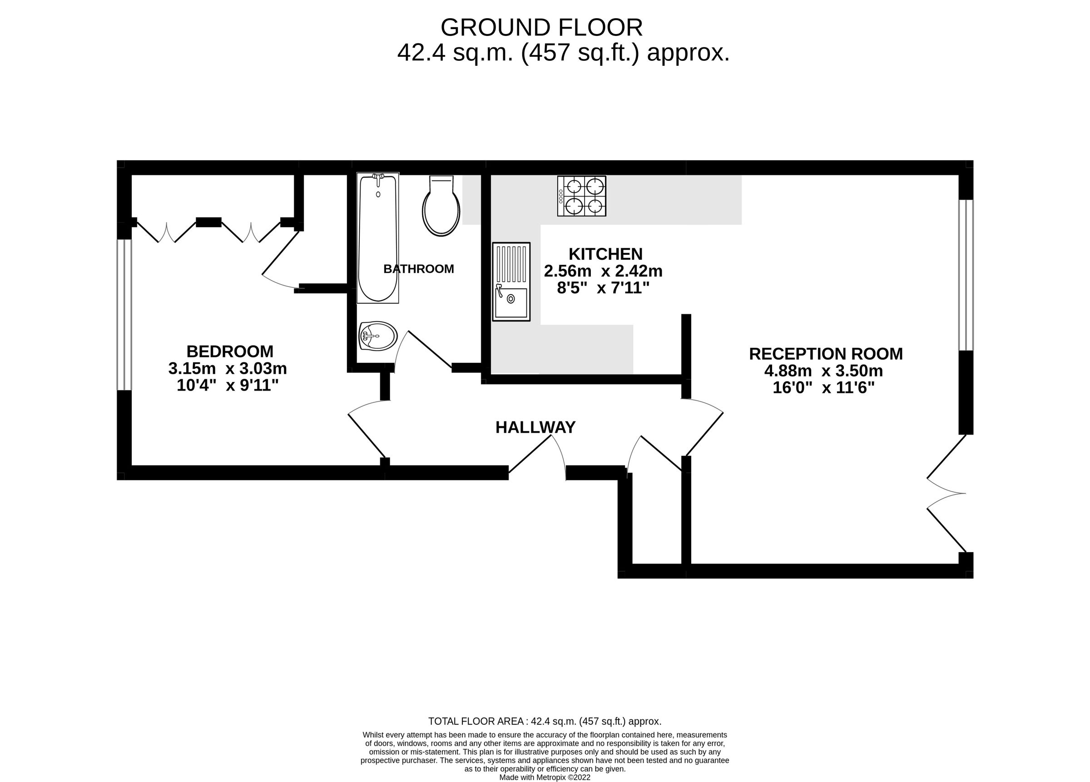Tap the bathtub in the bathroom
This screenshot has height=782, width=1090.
[378, 238]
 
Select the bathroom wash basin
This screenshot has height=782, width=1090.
[378, 336]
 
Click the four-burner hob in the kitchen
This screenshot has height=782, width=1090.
[581, 196]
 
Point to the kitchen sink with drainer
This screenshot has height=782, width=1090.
[511, 282]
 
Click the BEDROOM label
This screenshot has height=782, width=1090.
[230, 351]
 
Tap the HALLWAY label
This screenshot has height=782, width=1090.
[535, 427]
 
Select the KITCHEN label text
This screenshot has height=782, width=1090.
[605, 254]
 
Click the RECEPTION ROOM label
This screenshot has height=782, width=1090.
[826, 354]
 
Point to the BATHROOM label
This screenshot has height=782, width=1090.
[419, 269]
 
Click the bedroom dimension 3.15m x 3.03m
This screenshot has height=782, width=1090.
[228, 369]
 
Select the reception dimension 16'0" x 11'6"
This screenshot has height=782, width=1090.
[823, 388]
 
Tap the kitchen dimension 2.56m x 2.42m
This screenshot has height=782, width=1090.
[603, 271]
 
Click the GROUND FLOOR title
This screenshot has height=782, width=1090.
[542, 28]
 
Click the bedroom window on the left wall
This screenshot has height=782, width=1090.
[124, 315]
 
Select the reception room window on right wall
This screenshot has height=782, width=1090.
[966, 275]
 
